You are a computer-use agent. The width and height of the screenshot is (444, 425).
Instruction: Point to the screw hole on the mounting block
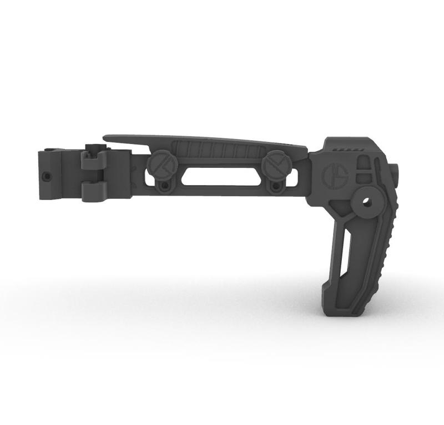coord(46,176)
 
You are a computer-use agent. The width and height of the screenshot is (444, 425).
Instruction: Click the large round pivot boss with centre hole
coord(366,201)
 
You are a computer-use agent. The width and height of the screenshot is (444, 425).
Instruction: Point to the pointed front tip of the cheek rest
coord(108,136)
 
